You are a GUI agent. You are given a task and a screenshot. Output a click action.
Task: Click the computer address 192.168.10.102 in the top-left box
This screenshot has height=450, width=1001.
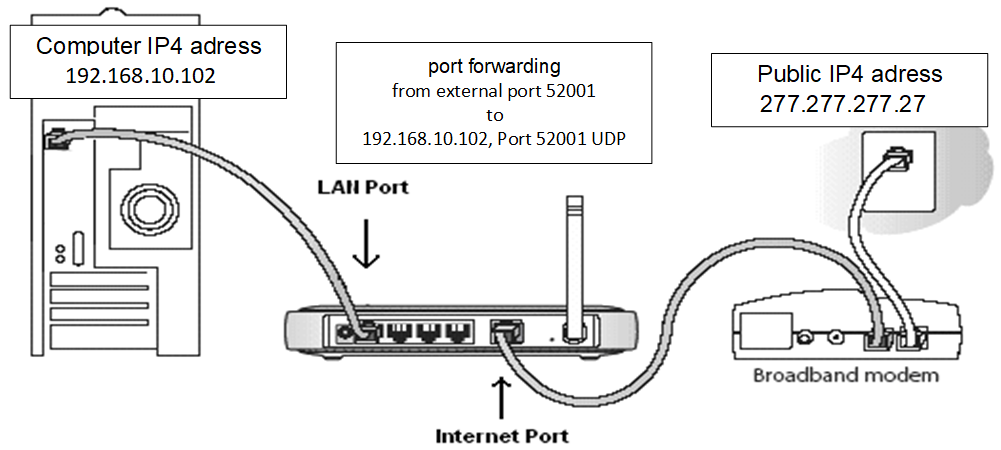click(x=140, y=75)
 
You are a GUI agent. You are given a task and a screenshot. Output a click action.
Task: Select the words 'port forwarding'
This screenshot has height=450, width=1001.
click(x=494, y=67)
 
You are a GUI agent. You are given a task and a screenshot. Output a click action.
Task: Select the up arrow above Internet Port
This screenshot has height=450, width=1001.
click(x=501, y=395)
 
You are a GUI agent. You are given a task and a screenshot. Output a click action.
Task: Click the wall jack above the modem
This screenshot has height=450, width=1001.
click(x=898, y=158)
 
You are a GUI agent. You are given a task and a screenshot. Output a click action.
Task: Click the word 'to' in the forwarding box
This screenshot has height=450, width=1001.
click(x=494, y=115)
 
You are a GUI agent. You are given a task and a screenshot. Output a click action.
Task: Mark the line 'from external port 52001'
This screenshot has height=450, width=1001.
click(x=494, y=91)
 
